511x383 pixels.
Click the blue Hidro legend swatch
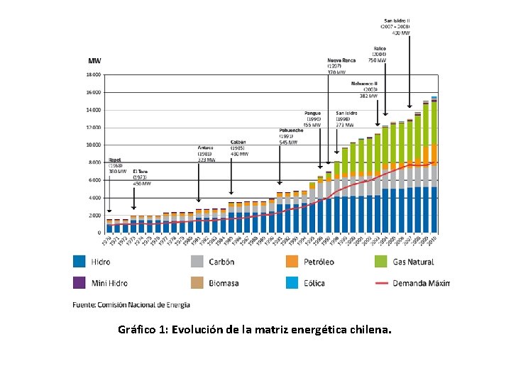(80, 262)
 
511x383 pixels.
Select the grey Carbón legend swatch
(197, 262)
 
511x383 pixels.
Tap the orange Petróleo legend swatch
(292, 262)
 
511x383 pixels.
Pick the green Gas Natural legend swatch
(381, 262)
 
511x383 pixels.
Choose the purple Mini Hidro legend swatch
(80, 282)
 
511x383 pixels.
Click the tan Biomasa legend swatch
(197, 282)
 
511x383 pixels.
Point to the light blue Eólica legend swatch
(292, 282)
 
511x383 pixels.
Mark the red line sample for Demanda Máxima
(381, 283)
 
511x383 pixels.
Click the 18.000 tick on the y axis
(94, 74)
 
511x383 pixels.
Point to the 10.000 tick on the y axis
(94, 145)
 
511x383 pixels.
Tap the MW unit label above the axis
(94, 60)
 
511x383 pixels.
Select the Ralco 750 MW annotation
(379, 55)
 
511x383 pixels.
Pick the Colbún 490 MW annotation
(239, 148)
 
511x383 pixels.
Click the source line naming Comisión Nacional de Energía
(131, 305)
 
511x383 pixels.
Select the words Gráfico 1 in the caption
(143, 330)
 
